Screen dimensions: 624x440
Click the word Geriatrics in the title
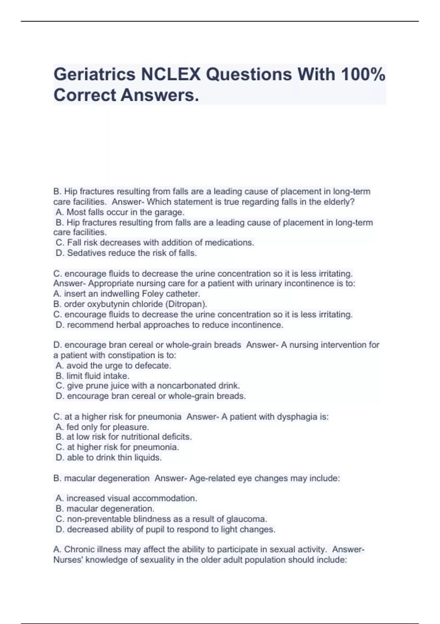click(94, 75)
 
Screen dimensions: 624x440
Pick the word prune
click(87, 386)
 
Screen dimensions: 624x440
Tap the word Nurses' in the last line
click(69, 560)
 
